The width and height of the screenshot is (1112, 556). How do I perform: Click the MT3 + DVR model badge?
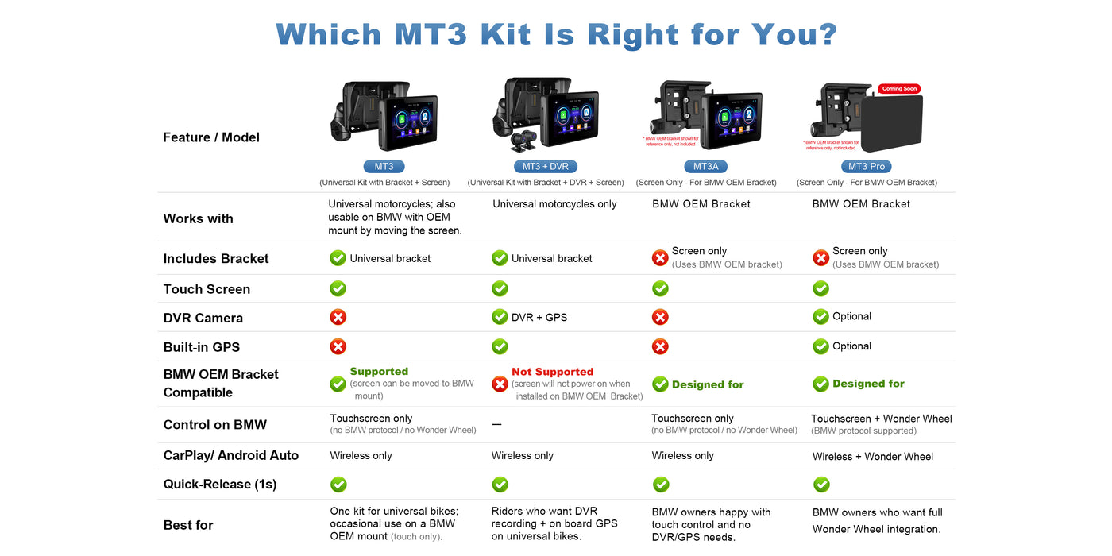pyautogui.click(x=545, y=166)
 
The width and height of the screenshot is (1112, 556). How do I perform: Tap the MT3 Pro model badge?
pyautogui.click(x=867, y=166)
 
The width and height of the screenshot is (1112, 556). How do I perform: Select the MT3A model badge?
pyautogui.click(x=705, y=166)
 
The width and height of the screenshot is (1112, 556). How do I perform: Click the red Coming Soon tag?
pyautogui.click(x=899, y=89)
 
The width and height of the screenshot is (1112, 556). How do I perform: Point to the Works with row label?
pyautogui.click(x=198, y=218)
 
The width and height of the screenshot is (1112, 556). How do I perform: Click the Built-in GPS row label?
pyautogui.click(x=202, y=347)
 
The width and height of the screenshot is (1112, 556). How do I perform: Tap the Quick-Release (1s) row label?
pyautogui.click(x=220, y=484)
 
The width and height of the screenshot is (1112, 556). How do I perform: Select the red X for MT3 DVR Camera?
pyautogui.click(x=338, y=317)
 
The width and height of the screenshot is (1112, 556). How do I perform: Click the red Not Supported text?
pyautogui.click(x=553, y=372)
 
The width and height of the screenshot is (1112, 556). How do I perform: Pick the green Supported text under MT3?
pyautogui.click(x=380, y=372)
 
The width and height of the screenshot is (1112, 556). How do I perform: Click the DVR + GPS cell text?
pyautogui.click(x=539, y=317)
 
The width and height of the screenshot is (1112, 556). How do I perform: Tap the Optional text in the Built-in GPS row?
pyautogui.click(x=851, y=346)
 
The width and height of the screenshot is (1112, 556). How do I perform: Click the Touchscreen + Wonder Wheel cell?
pyautogui.click(x=881, y=419)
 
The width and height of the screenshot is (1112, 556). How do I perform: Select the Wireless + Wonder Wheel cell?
pyautogui.click(x=873, y=456)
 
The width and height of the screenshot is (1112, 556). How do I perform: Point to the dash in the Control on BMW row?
pyautogui.click(x=497, y=424)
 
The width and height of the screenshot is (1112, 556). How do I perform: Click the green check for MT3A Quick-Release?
pyautogui.click(x=661, y=485)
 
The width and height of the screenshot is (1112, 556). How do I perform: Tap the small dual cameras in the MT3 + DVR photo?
pyautogui.click(x=524, y=141)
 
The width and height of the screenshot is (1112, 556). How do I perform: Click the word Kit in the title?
pyautogui.click(x=506, y=34)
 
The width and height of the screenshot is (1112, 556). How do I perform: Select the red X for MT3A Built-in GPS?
pyautogui.click(x=660, y=346)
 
